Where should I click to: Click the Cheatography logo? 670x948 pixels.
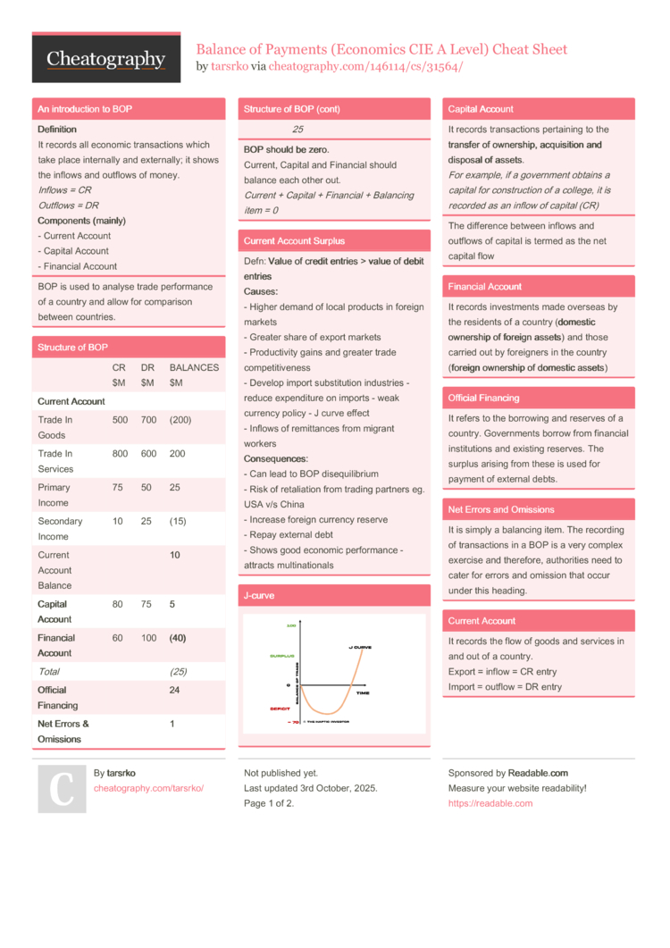click(106, 59)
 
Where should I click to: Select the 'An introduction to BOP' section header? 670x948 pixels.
click(85, 109)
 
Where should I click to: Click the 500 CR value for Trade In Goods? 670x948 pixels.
click(120, 420)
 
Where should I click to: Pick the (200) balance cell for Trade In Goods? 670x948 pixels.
click(180, 420)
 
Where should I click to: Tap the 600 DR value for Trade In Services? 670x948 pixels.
click(148, 454)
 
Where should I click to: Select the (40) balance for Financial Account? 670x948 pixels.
click(178, 638)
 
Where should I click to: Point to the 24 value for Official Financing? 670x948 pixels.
click(175, 690)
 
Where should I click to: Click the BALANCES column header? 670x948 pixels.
click(194, 367)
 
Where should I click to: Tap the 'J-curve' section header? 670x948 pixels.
click(259, 595)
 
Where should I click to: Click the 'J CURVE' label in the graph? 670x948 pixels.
click(360, 647)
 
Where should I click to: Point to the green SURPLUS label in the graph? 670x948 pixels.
click(282, 656)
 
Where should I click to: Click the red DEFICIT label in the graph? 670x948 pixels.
click(281, 709)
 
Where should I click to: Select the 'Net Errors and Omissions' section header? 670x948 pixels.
click(501, 509)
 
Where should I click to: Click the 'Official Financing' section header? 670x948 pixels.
click(483, 398)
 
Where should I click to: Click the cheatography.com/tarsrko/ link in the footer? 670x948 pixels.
click(148, 788)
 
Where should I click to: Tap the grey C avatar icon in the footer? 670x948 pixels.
click(62, 788)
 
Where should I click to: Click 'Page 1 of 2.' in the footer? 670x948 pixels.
click(269, 803)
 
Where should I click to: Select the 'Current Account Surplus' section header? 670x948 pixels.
click(294, 241)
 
